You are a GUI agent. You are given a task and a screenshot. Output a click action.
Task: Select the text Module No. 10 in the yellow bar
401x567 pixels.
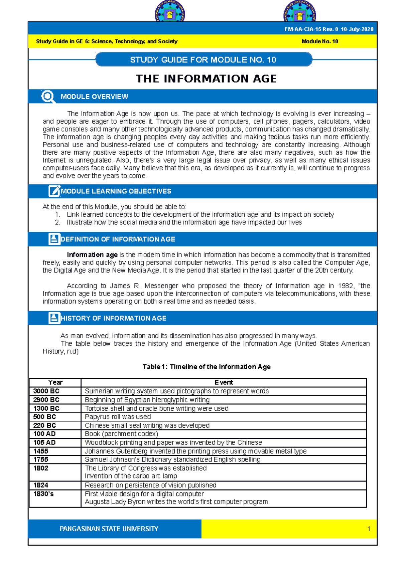point(319,41)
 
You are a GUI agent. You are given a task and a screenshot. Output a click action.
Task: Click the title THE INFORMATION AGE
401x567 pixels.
point(206,79)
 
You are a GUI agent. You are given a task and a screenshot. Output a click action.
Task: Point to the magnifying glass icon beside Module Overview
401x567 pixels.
point(48,97)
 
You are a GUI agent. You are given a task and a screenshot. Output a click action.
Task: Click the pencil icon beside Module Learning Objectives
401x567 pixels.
point(54,191)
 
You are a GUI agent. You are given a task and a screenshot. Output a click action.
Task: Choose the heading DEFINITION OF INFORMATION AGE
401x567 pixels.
point(118,239)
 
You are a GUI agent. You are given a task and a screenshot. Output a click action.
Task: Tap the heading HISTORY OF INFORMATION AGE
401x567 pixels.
point(113,318)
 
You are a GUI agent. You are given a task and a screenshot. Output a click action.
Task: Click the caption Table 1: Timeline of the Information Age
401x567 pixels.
point(206,367)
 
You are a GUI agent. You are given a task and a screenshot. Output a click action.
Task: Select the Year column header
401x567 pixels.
point(55,382)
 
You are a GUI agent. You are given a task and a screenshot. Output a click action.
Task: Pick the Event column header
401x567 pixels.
point(224,382)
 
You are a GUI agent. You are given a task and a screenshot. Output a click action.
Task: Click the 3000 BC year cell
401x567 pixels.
point(46,391)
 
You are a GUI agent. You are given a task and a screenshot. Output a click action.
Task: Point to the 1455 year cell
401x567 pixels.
point(41,451)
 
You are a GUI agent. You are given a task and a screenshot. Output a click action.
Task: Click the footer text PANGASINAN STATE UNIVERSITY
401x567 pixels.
point(109,529)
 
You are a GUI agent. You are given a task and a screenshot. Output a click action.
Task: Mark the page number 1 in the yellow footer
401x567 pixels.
point(369,529)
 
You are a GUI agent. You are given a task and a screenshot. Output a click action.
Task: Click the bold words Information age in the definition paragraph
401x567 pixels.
point(92,255)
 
